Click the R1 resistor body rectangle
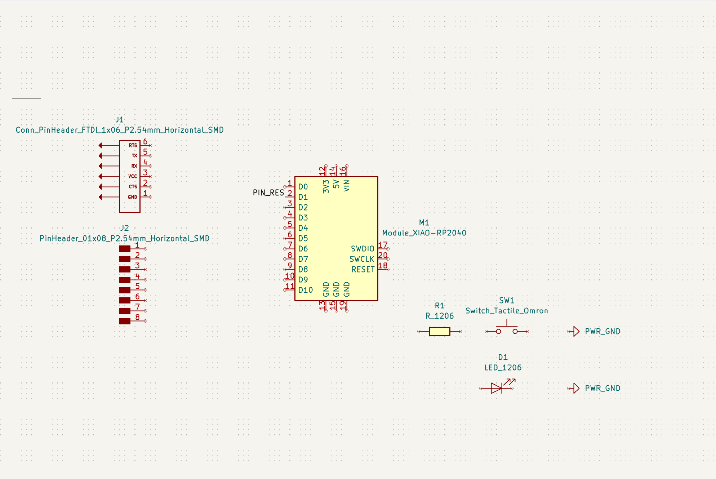point(439,331)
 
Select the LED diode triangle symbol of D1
point(496,388)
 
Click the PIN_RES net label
point(268,192)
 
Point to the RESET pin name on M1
point(363,269)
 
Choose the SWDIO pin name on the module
point(363,249)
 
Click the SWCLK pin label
point(362,259)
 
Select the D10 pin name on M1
point(306,290)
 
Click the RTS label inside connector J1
point(133,145)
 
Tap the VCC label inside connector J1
point(133,176)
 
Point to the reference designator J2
point(124,228)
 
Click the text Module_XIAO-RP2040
point(424,233)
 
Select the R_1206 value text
point(439,316)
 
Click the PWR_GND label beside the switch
point(602,331)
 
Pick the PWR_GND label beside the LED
point(602,388)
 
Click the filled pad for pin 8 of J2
point(125,321)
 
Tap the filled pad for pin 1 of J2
point(125,248)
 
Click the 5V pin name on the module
point(336,184)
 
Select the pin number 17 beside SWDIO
point(383,245)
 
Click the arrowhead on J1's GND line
point(101,197)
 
